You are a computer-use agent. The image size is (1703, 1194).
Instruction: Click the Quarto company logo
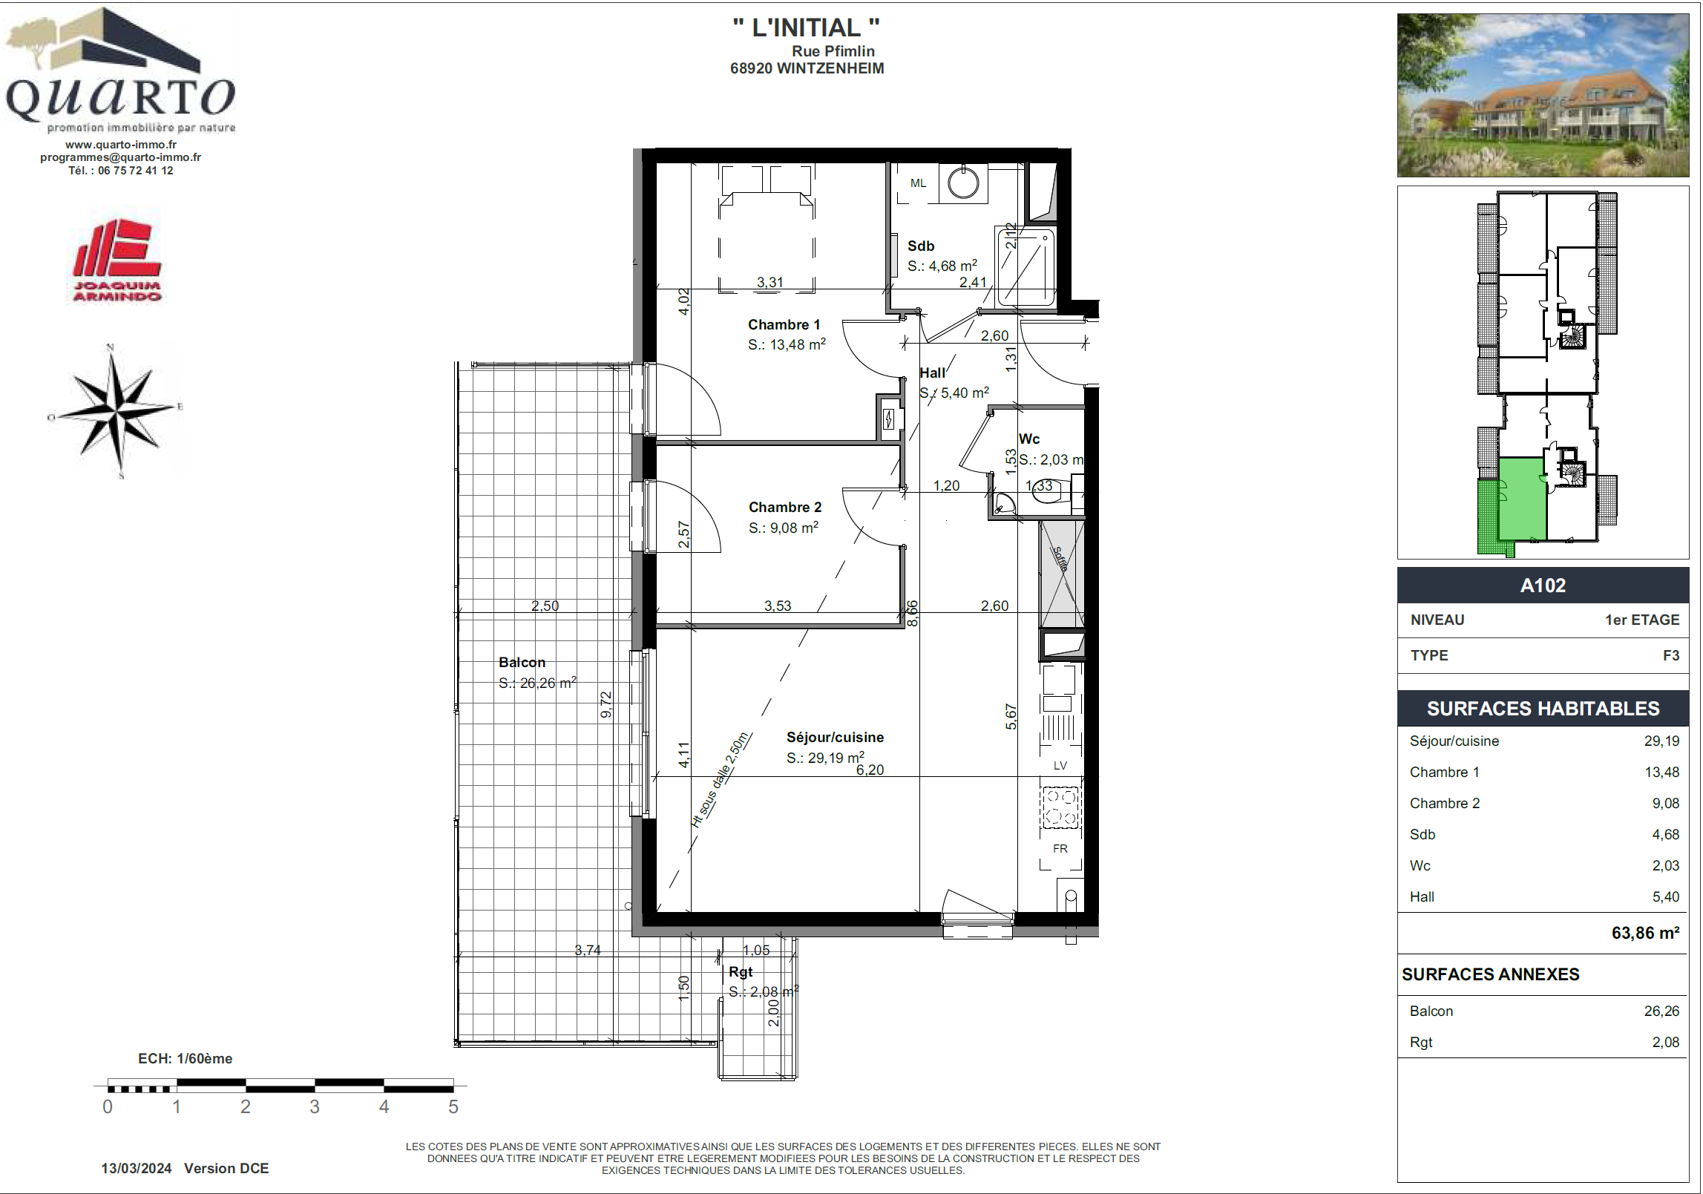120,70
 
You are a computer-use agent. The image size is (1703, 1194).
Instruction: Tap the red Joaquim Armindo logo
117,260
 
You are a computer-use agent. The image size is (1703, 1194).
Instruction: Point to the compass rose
116,410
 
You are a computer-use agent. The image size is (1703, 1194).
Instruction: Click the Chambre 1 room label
784,324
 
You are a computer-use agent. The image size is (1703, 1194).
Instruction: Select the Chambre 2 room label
785,507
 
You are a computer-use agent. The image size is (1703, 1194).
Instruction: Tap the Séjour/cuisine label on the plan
835,737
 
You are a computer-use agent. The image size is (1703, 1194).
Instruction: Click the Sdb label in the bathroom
920,246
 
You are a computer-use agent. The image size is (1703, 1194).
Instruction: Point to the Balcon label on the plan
522,662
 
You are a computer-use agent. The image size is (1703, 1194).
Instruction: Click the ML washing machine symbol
918,183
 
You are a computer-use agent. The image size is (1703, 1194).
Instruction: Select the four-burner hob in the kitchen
1060,807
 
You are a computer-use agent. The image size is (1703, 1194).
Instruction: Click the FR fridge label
1060,848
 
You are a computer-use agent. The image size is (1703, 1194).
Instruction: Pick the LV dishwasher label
1060,766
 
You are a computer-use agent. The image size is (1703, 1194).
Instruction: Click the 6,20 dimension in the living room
870,770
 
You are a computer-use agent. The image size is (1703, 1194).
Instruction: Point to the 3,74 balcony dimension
588,950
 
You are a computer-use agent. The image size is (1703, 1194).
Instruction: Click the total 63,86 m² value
1645,933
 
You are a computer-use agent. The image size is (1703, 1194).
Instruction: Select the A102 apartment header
1543,585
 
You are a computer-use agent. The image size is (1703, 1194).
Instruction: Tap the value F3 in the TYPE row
1670,655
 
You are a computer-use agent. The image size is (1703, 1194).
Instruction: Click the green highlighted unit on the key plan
1522,499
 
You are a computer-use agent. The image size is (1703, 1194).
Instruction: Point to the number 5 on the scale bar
453,1106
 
